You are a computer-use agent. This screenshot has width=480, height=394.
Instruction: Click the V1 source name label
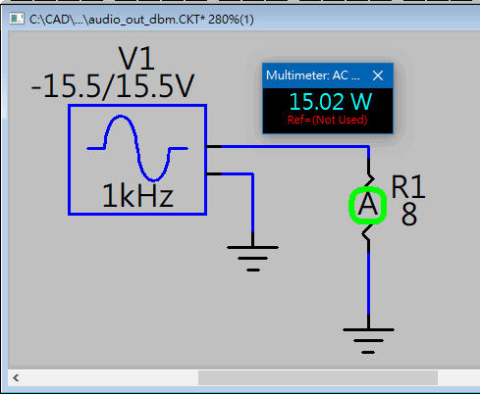point(136,59)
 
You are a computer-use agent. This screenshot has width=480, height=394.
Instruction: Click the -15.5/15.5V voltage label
point(113,86)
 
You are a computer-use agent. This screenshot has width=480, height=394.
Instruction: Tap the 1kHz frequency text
point(137,196)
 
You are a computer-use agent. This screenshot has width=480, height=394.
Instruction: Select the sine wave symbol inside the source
point(137,148)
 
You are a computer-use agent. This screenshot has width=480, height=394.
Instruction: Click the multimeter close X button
point(378,75)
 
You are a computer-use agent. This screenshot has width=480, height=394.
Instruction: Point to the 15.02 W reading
point(331,102)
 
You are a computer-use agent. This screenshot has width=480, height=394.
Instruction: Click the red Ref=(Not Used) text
point(328,120)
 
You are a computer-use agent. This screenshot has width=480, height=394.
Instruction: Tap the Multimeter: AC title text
point(313,75)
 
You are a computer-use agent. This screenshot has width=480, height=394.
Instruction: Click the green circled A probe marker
point(368,206)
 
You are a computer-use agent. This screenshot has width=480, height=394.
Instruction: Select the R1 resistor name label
point(408,187)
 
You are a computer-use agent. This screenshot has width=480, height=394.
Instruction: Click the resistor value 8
point(409,215)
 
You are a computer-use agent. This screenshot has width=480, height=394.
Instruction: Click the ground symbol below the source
point(252,259)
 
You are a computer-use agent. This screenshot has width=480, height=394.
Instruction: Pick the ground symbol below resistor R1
point(368,341)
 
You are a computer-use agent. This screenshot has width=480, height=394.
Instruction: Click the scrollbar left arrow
point(16,378)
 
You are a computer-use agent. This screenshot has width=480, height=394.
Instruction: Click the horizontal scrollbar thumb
point(318,378)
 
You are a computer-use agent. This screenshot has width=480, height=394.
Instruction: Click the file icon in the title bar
point(17,19)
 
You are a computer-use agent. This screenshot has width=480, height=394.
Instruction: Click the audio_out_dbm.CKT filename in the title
point(144,20)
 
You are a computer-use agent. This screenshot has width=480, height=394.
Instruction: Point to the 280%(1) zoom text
point(231,20)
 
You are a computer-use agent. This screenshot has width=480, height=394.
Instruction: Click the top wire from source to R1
point(287,147)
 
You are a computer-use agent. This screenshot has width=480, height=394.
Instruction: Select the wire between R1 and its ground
point(368,283)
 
